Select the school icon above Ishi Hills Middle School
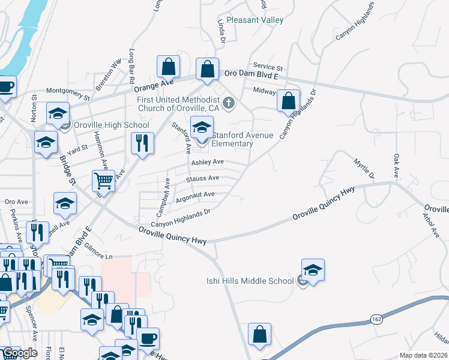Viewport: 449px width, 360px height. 313,271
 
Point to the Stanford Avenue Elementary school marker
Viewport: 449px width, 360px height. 202,128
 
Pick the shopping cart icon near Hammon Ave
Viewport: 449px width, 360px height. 103,181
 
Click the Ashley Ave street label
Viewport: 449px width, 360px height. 208,163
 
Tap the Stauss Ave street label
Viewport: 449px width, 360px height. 202,178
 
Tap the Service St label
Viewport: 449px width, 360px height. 268,67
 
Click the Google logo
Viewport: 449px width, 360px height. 20,353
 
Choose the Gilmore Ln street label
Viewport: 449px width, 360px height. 98,256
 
